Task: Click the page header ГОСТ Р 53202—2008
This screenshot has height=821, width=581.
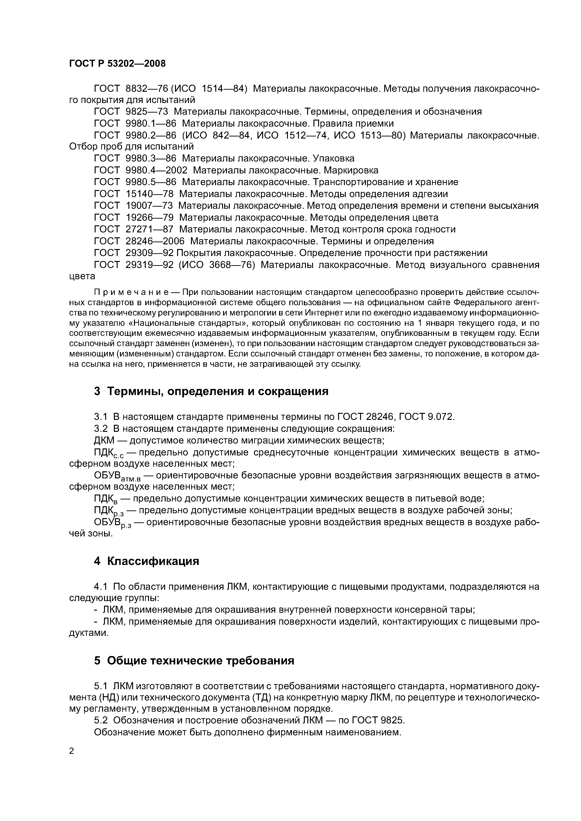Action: click(117, 64)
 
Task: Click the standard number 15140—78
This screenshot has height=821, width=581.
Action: click(150, 194)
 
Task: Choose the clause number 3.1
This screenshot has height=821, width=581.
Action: click(101, 417)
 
